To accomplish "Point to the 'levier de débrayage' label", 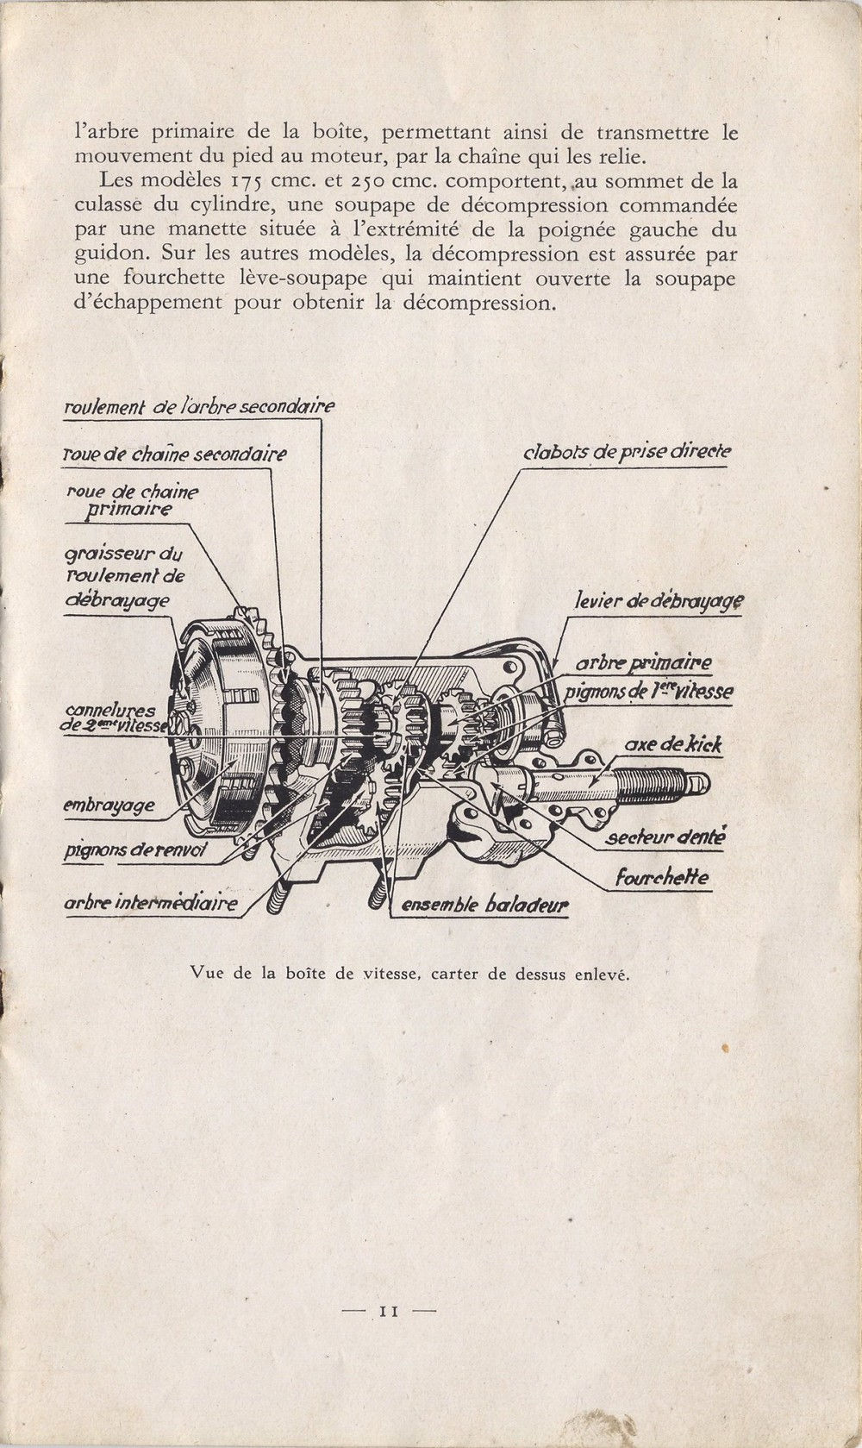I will click(659, 602).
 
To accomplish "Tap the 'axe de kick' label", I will click(673, 745).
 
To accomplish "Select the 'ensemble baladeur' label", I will click(479, 906).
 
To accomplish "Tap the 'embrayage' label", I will click(109, 806).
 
